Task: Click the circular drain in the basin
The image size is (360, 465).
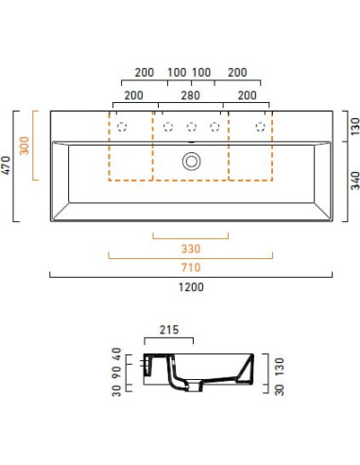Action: tap(191, 161)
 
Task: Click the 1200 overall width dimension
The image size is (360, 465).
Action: tap(191, 287)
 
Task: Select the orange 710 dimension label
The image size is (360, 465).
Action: tap(191, 267)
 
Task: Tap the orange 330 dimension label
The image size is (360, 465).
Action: tap(191, 249)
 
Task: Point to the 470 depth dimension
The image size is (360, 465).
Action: tap(6, 165)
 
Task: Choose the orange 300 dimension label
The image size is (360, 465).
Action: tap(25, 146)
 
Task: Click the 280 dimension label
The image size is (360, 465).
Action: tap(191, 95)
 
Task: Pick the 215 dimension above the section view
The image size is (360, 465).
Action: tap(169, 330)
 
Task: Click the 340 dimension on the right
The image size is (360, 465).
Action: tap(355, 181)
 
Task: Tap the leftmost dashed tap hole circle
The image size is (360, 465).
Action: tap(122, 127)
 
